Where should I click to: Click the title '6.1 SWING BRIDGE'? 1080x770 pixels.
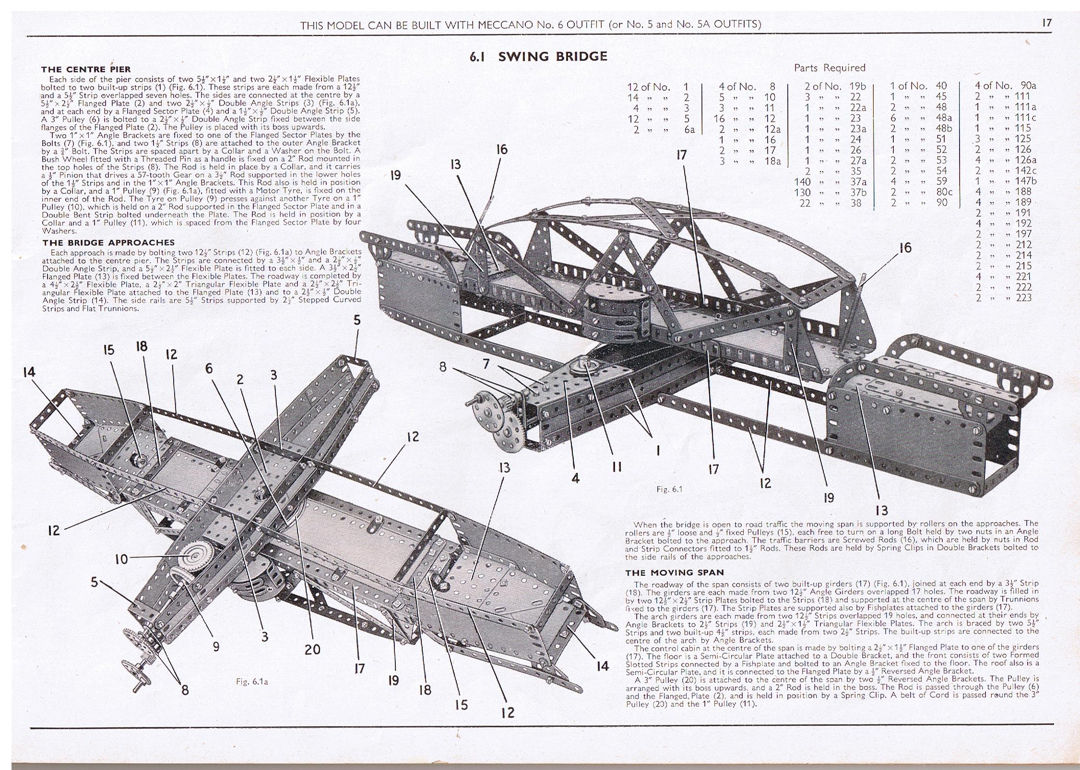click(x=538, y=57)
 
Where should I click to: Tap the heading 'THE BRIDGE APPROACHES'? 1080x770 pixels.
click(x=108, y=243)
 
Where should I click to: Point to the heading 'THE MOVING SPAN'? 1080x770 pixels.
click(x=674, y=572)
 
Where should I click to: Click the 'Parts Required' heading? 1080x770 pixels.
click(x=830, y=68)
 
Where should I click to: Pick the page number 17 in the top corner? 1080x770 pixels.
click(x=1047, y=23)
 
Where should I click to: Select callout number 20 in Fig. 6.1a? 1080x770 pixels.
click(x=312, y=650)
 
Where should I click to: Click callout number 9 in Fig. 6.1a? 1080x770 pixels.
click(x=216, y=646)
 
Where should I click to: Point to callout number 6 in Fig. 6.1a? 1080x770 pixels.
click(x=209, y=368)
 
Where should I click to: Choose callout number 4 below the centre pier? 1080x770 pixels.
click(x=575, y=478)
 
